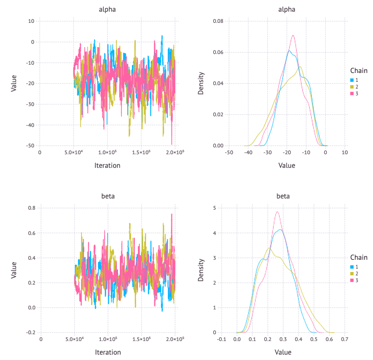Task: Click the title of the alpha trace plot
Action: click(x=107, y=9)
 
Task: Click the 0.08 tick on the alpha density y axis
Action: click(x=217, y=21)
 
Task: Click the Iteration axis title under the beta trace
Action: click(x=107, y=352)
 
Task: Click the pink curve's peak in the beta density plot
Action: click(x=277, y=211)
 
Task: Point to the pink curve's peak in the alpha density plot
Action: click(x=293, y=35)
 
